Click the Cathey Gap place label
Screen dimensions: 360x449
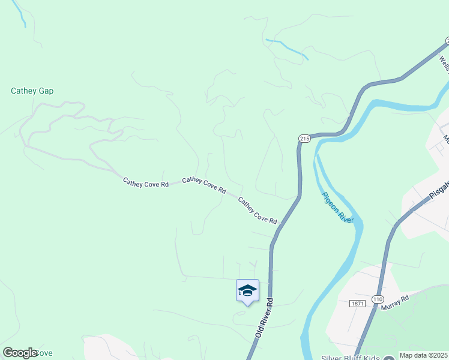point(32,91)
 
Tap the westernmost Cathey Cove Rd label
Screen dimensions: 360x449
point(146,181)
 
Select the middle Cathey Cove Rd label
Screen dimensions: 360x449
point(204,185)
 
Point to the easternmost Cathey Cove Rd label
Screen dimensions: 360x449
point(258,211)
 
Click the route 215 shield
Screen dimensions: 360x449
point(304,139)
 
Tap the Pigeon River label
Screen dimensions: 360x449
point(337,208)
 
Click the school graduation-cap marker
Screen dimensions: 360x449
point(247,291)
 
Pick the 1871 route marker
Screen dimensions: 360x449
point(358,304)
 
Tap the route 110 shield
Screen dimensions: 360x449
point(377,299)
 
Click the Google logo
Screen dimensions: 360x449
point(20,353)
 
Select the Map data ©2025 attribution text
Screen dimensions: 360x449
point(423,355)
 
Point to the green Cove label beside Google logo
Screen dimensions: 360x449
point(46,353)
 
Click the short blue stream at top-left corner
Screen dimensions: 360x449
point(20,13)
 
